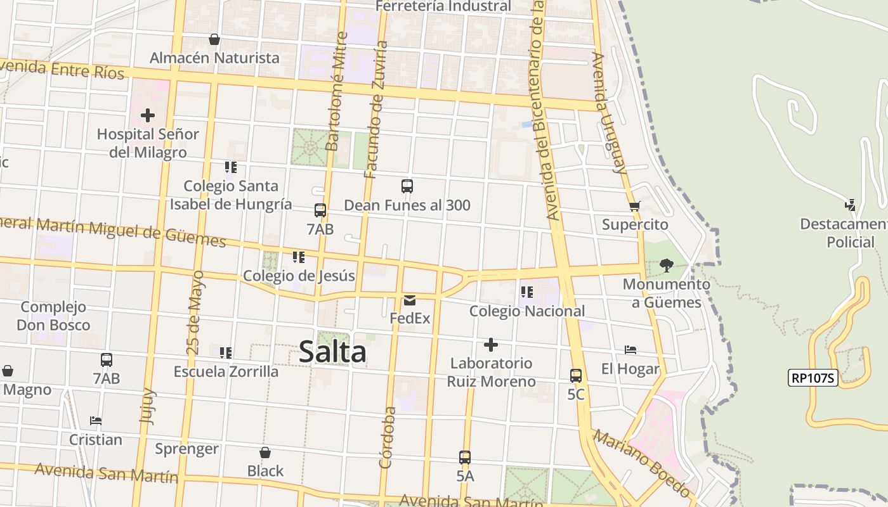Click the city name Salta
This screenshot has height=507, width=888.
point(332,352)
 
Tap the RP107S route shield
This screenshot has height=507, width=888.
point(813,378)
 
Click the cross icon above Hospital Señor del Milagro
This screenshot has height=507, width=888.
point(148,115)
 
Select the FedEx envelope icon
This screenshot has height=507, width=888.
point(410,300)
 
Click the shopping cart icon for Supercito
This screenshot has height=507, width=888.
point(634,206)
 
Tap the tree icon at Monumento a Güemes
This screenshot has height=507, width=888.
point(666,265)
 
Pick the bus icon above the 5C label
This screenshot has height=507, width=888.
point(576,375)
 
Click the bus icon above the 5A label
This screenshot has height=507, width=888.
point(465,457)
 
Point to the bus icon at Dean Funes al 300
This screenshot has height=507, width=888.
point(407,186)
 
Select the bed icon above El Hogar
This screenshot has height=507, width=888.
point(630,350)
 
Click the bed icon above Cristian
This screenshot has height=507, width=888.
point(96,420)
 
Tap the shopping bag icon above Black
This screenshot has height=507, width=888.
point(265,452)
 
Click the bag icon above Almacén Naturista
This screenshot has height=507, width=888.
point(214,39)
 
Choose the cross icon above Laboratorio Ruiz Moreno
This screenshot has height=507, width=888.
point(490,345)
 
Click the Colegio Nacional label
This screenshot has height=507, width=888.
point(527,311)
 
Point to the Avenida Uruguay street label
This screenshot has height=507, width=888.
point(609,113)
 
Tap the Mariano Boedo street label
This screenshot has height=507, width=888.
point(642,463)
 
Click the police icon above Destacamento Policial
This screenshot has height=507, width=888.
point(850,205)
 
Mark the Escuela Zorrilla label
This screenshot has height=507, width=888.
point(226,371)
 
